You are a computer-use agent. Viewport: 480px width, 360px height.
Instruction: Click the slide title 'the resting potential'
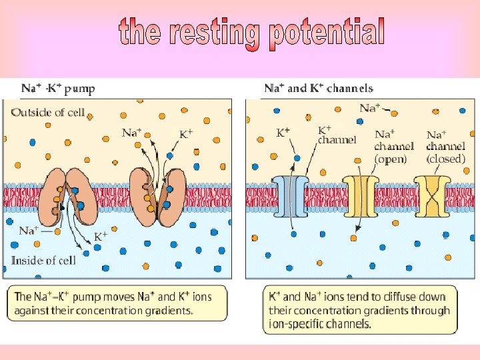(x=251, y=33)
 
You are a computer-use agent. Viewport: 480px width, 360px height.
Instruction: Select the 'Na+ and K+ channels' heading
(x=319, y=88)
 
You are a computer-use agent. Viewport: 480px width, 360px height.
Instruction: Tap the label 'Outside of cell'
(x=48, y=112)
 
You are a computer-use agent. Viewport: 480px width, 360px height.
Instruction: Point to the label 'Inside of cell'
(x=43, y=260)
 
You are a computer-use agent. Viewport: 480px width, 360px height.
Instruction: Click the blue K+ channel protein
(x=291, y=197)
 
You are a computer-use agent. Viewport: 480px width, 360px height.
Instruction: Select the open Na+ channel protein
(x=359, y=197)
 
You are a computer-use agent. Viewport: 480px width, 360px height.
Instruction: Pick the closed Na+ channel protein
(x=431, y=197)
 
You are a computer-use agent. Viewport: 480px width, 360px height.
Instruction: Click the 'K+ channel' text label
(x=337, y=135)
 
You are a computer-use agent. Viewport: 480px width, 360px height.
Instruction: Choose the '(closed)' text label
(x=446, y=159)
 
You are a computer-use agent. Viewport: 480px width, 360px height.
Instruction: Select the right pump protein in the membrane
(x=157, y=193)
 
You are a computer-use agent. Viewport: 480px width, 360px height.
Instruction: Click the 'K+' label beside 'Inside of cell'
(x=101, y=236)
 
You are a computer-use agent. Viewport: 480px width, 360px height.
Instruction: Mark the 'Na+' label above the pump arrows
(x=131, y=132)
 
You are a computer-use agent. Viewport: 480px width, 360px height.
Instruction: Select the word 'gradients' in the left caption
(x=170, y=310)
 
